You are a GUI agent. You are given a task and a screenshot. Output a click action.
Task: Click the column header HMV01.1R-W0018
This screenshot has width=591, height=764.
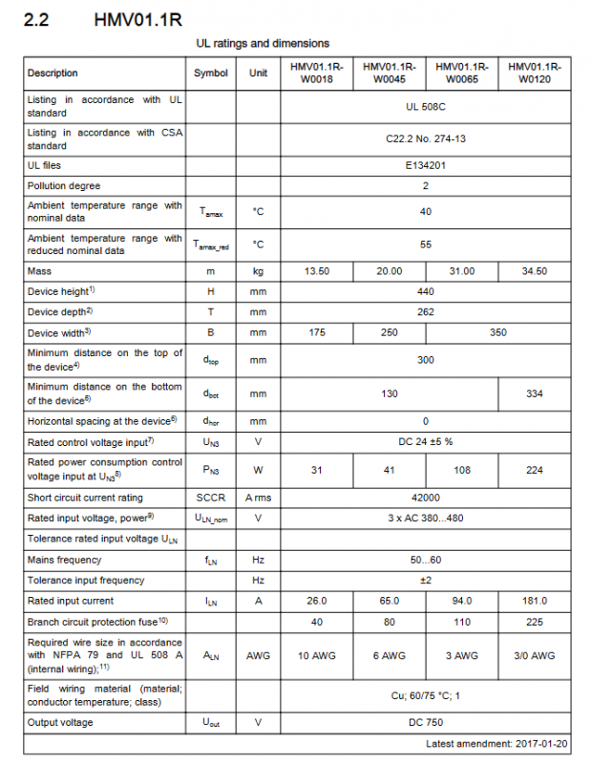tap(316, 74)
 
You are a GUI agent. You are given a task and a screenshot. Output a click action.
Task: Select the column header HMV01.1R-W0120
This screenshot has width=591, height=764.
tap(534, 74)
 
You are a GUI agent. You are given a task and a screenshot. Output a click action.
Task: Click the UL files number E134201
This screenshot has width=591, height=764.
tap(425, 165)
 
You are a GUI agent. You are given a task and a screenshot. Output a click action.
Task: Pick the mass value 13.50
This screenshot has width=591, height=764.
tap(316, 271)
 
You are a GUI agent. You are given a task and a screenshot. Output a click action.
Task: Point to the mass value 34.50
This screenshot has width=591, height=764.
tap(534, 271)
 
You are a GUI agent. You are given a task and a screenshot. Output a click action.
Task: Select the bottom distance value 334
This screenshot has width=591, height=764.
tap(534, 393)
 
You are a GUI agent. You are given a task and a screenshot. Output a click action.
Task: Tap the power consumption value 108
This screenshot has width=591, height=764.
tap(461, 470)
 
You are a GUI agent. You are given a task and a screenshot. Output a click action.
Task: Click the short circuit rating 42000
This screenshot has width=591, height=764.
tap(425, 498)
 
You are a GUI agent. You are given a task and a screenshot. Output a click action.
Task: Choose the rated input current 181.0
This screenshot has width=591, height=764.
tap(534, 601)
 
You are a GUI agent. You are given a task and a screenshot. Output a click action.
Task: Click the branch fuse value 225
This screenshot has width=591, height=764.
tap(534, 622)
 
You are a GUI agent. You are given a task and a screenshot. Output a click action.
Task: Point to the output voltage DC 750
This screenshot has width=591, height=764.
tap(425, 722)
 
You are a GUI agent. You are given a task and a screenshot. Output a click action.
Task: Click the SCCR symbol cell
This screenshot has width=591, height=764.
tap(211, 498)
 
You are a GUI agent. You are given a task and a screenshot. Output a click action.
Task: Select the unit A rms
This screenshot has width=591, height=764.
tap(258, 498)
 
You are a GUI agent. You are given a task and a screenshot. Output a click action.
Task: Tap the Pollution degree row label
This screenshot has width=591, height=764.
tap(64, 185)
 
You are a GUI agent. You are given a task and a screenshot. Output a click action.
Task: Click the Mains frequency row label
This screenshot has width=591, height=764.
tap(65, 560)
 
